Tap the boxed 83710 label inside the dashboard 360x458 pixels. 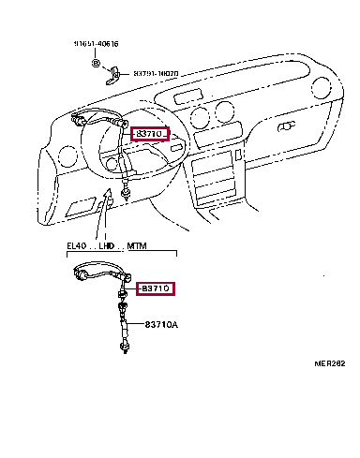[x=148, y=134]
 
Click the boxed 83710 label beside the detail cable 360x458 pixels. [x=156, y=288]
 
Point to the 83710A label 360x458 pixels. [x=159, y=324]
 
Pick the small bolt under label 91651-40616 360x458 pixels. [x=97, y=61]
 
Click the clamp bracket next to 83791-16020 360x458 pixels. [x=115, y=71]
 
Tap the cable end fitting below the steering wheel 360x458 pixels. [x=126, y=193]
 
